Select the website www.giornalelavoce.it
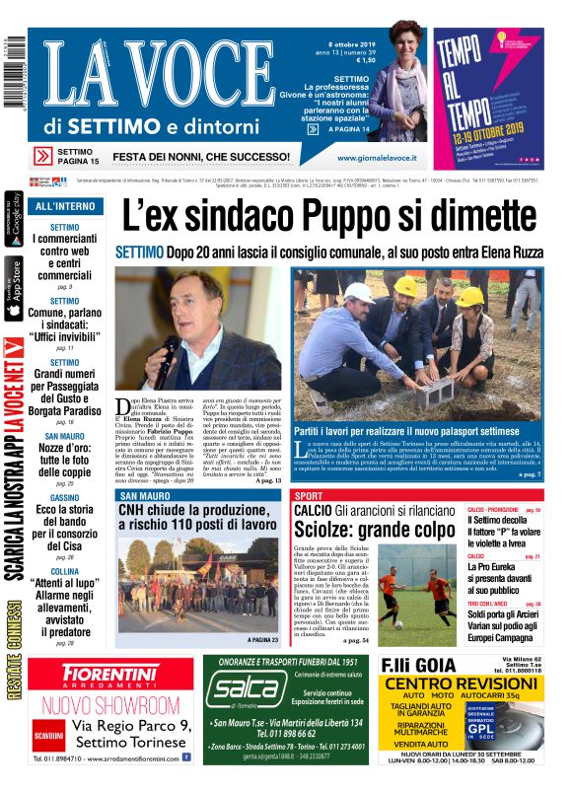coord(376,158)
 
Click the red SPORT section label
coord(309,495)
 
